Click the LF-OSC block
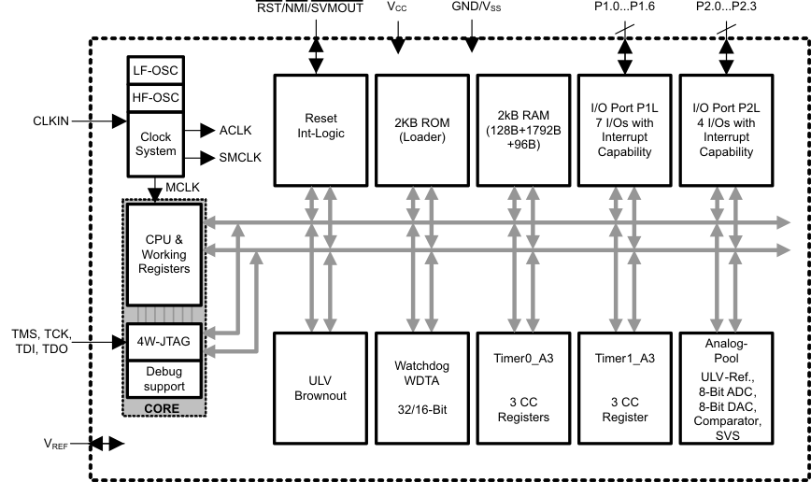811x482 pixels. (155, 69)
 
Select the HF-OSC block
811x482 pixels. (155, 96)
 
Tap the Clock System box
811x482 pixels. (155, 143)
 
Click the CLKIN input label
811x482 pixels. (52, 120)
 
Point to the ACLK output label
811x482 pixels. (234, 131)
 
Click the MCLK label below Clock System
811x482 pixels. (183, 188)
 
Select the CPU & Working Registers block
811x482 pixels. (164, 254)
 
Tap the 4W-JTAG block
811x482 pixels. (164, 342)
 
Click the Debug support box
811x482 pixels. (164, 378)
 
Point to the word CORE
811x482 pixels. (163, 408)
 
